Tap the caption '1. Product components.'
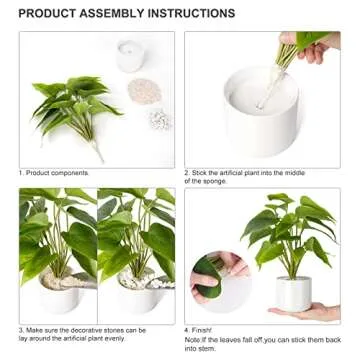coord(51,171)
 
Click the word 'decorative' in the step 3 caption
coord(94,328)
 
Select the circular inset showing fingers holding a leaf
coord(217,281)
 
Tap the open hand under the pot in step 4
coord(316,312)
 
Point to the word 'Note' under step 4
coord(193,338)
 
